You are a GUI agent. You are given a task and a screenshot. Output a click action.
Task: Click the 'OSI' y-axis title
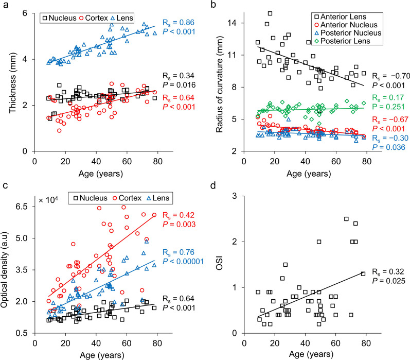click(219, 264)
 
